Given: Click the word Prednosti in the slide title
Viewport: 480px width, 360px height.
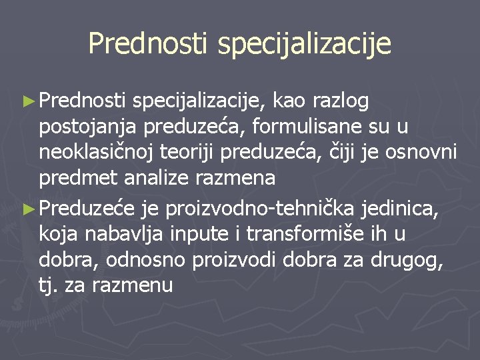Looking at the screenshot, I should [x=147, y=44].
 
